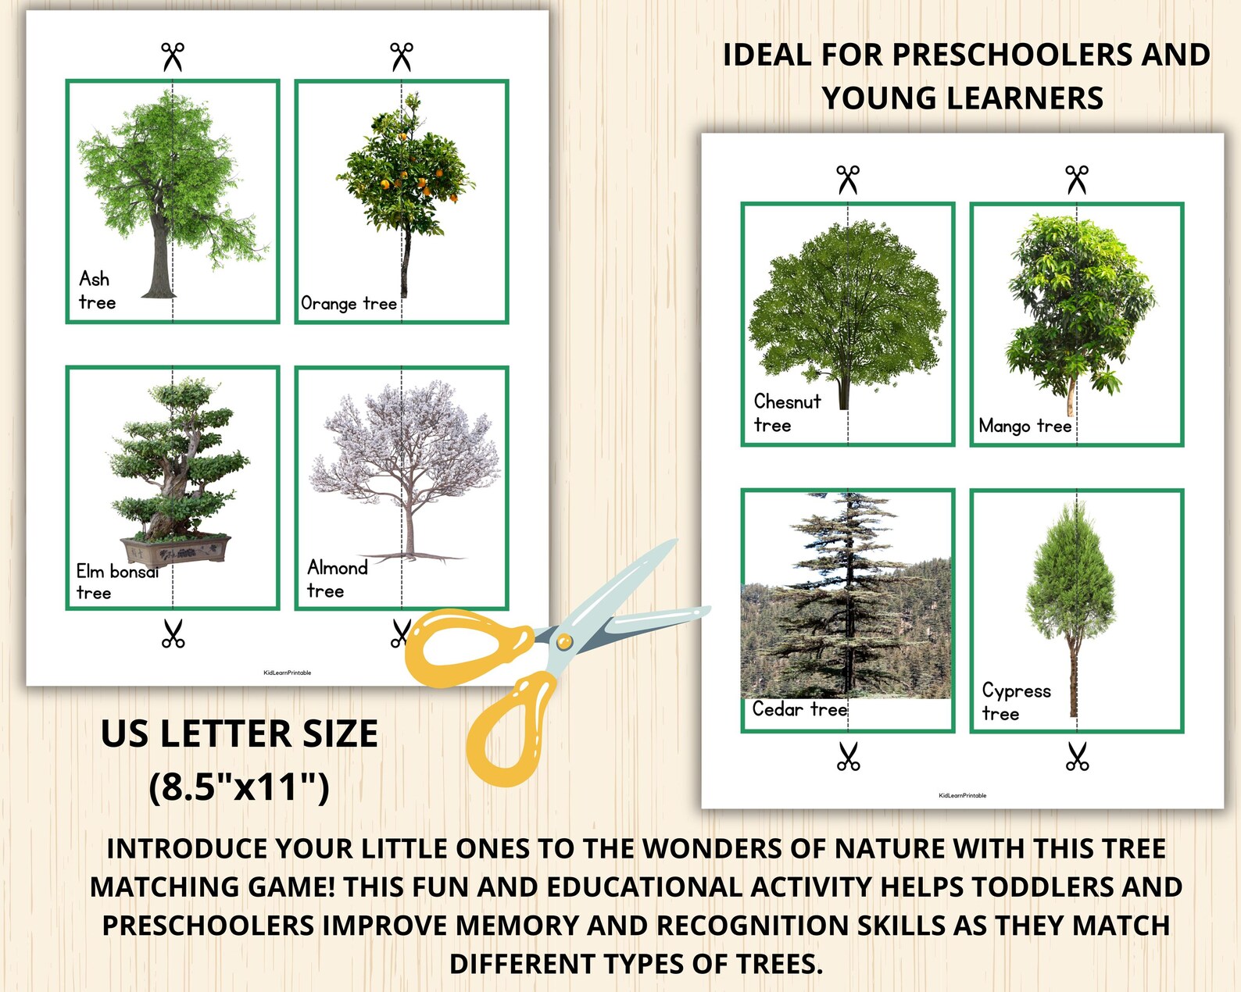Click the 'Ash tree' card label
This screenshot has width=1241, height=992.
click(97, 291)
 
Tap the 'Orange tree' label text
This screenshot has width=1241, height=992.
click(349, 303)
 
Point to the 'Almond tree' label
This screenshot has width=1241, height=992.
click(336, 579)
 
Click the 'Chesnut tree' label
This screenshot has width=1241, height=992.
click(786, 413)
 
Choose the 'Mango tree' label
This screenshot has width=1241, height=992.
click(1025, 426)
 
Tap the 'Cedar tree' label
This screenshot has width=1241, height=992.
click(799, 709)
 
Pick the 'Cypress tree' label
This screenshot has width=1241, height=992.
click(1015, 701)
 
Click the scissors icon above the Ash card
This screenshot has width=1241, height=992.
click(173, 56)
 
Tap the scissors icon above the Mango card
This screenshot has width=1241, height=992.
click(1077, 179)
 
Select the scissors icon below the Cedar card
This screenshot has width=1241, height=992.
click(848, 756)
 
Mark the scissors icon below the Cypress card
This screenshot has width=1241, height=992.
click(1077, 756)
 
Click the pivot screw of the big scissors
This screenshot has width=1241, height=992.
click(563, 642)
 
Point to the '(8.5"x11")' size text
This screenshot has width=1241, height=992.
click(239, 787)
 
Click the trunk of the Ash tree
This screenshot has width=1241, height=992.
click(161, 258)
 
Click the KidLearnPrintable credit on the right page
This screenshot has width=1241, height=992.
click(962, 795)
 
